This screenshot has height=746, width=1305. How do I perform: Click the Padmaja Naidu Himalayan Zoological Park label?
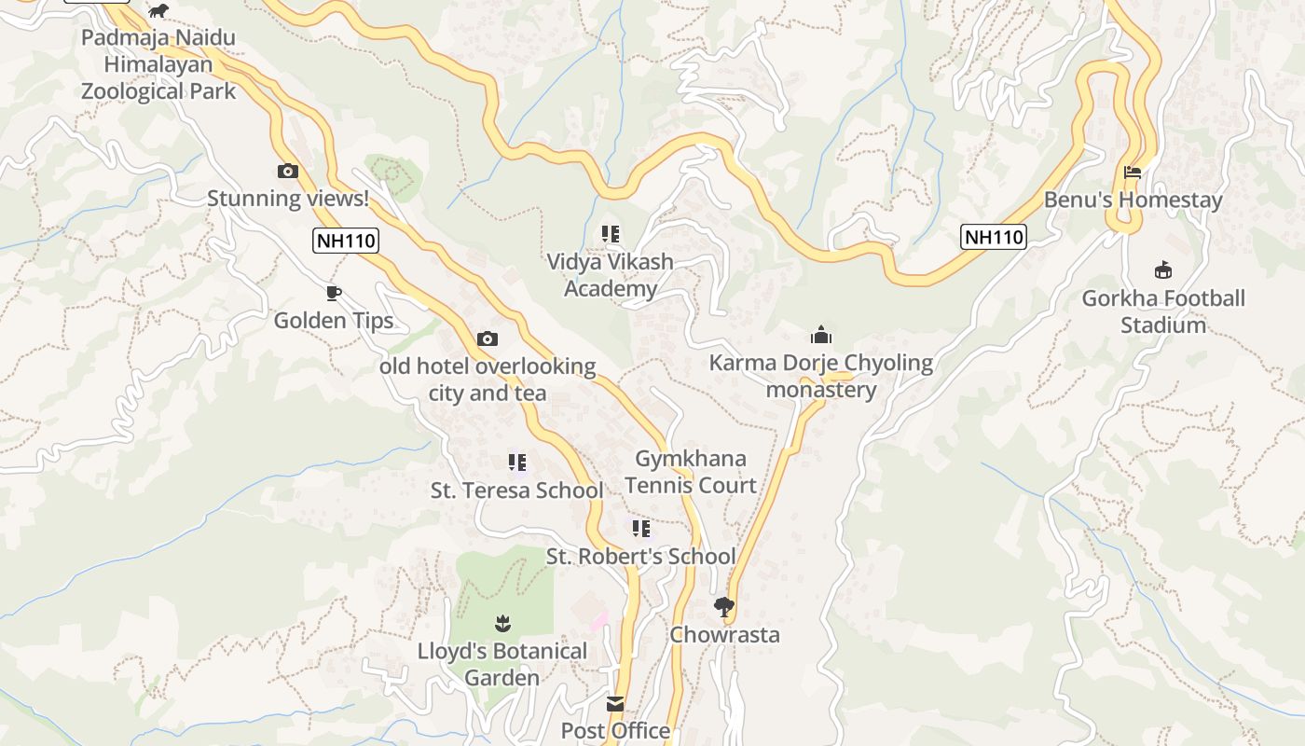click(x=158, y=64)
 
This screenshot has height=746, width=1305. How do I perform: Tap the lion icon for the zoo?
click(x=159, y=10)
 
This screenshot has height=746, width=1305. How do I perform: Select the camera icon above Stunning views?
click(x=288, y=171)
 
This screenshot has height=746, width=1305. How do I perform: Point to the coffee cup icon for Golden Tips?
click(x=334, y=294)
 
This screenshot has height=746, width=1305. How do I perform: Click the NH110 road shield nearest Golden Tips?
click(x=345, y=241)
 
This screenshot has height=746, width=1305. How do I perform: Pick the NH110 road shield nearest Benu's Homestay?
click(x=994, y=237)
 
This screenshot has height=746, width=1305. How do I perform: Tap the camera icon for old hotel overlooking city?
click(x=488, y=338)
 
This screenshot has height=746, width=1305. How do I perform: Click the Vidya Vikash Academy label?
click(x=610, y=275)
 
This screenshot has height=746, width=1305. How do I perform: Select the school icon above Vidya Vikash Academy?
click(x=611, y=234)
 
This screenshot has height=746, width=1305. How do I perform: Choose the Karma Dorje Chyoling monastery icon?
click(x=821, y=335)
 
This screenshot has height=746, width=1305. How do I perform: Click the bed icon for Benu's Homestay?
click(x=1133, y=173)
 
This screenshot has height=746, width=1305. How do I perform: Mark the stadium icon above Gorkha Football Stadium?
click(x=1162, y=270)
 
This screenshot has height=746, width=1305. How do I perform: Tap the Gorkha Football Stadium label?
click(x=1162, y=311)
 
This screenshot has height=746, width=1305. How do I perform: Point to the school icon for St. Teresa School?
click(x=517, y=463)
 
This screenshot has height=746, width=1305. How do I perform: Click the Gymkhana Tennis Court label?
click(x=691, y=472)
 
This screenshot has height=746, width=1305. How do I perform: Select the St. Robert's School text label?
click(x=641, y=557)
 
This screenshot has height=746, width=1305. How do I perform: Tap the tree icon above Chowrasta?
click(x=724, y=608)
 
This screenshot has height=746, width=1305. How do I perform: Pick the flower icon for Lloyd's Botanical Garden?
click(x=502, y=623)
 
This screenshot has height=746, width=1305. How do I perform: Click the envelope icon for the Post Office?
click(x=615, y=703)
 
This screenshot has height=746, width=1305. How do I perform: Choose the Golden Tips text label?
click(x=334, y=321)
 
